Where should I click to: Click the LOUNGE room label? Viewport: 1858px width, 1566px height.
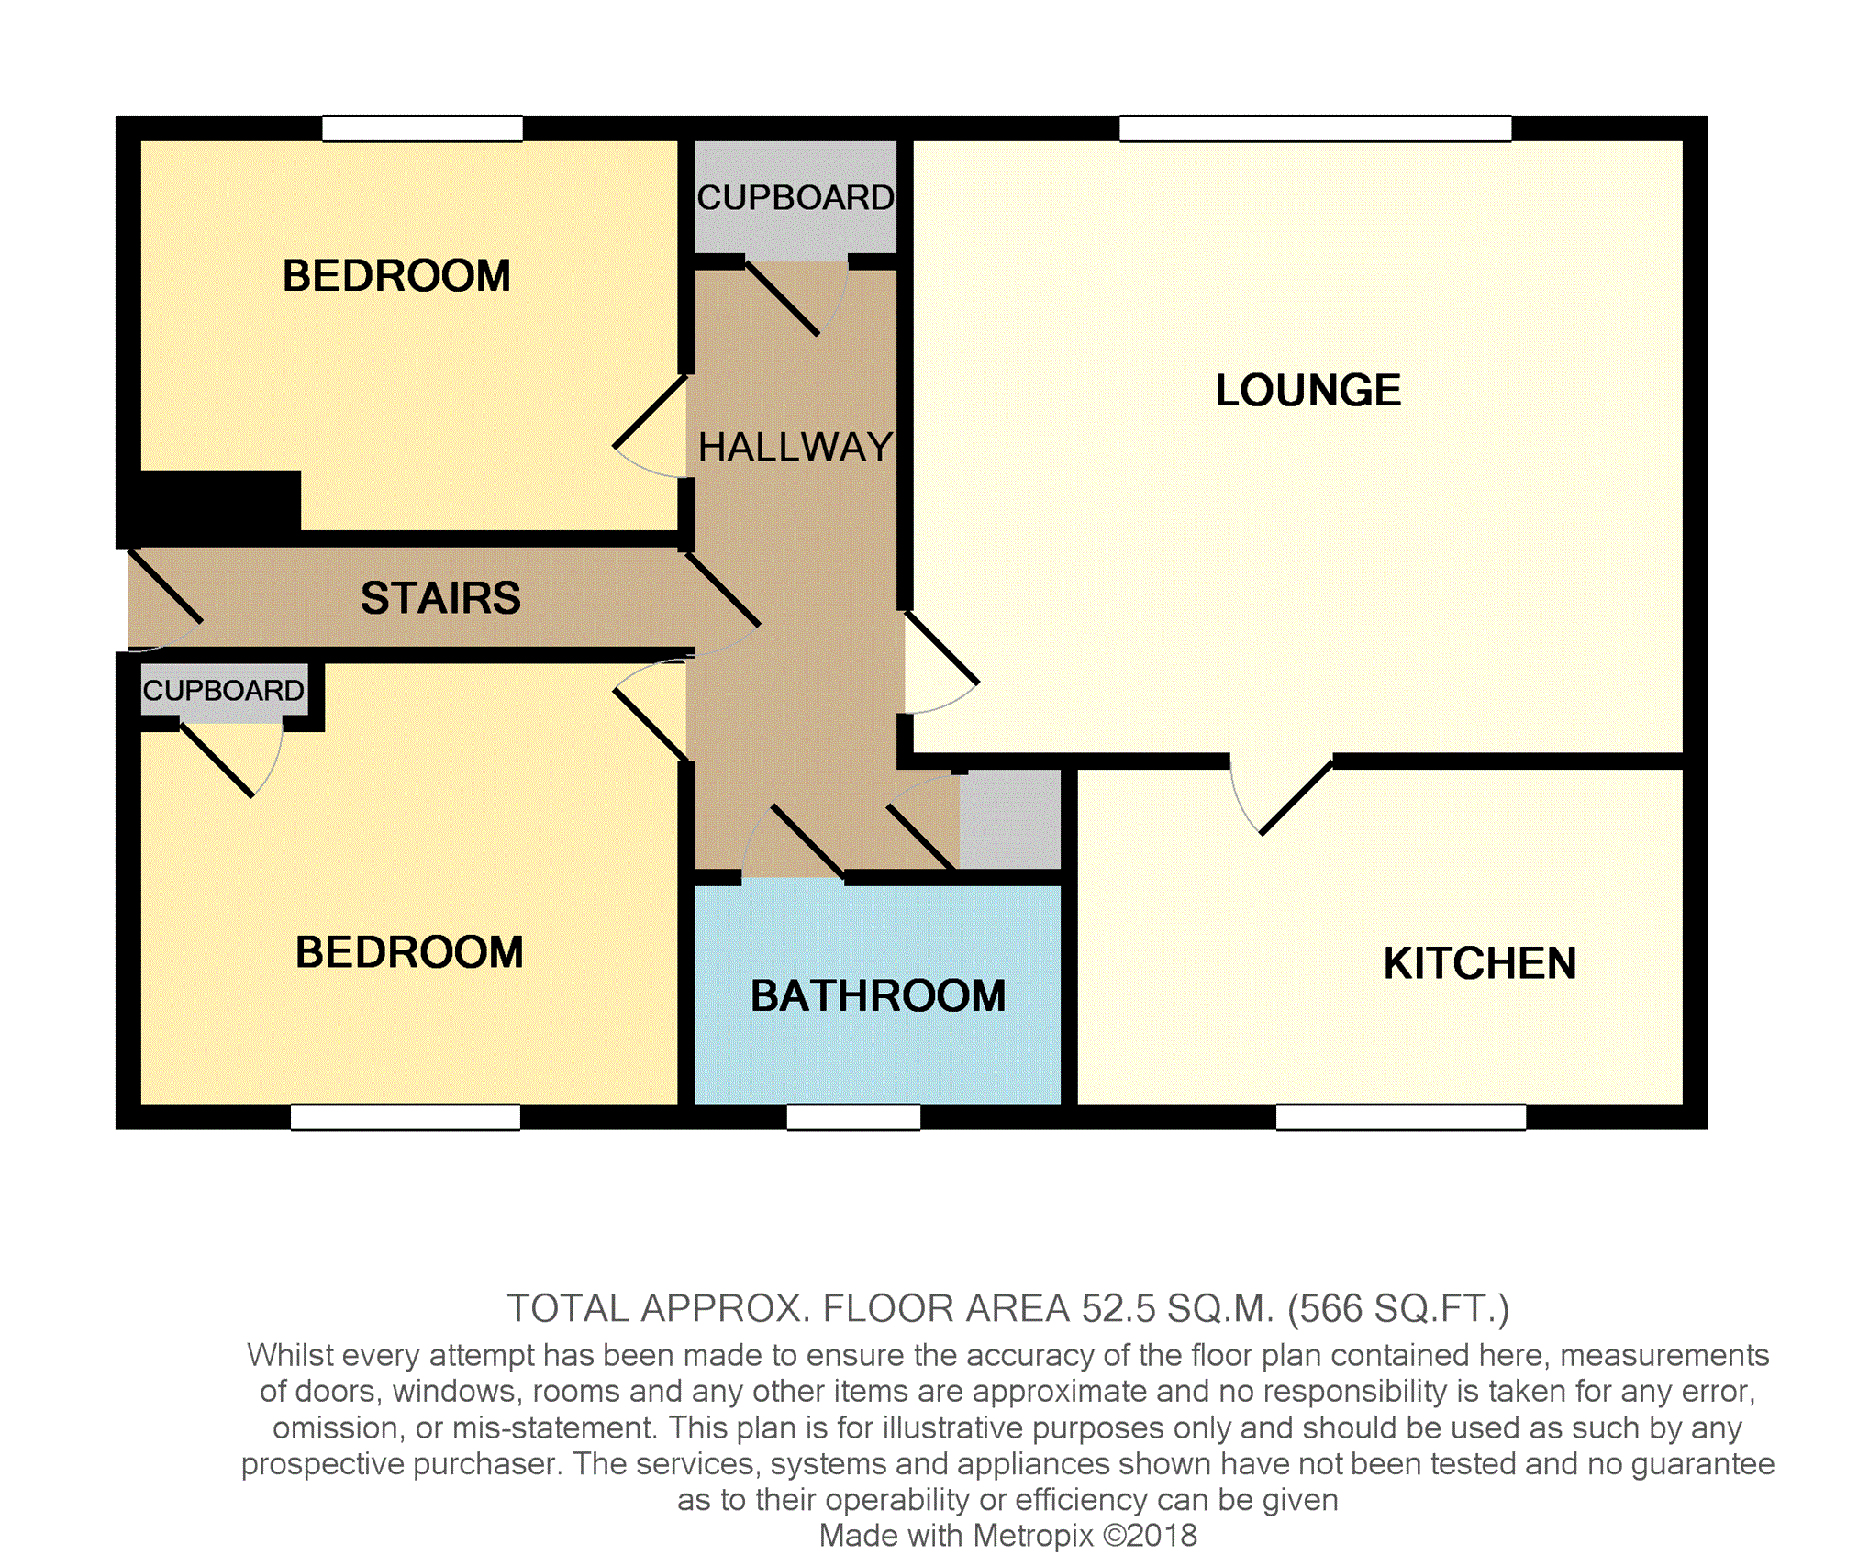[1307, 391]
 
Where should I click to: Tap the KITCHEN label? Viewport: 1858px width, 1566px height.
[1479, 964]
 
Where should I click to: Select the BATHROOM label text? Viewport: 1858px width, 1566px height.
[878, 996]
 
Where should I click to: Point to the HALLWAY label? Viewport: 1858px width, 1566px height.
[795, 448]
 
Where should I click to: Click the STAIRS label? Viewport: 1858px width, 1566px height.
[440, 598]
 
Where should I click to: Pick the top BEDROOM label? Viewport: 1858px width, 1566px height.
[396, 276]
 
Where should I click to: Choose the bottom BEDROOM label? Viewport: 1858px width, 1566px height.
[409, 952]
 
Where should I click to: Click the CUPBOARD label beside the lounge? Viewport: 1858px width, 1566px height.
[795, 198]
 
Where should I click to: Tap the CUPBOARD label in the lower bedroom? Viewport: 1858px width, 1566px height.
[223, 690]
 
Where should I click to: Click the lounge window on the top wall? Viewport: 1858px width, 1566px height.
[1315, 128]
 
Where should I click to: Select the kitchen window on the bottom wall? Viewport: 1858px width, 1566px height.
[1400, 1116]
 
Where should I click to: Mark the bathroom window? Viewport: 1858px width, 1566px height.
[853, 1116]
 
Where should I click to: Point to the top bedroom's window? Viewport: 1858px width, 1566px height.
[422, 128]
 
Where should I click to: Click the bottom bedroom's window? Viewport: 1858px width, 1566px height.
[405, 1116]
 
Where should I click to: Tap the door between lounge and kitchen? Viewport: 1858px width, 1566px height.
[1280, 794]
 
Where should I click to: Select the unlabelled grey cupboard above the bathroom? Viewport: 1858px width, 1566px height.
[1010, 819]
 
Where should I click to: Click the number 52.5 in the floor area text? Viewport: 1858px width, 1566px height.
[1119, 1308]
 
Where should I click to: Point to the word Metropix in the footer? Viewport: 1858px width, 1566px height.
[1033, 1535]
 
